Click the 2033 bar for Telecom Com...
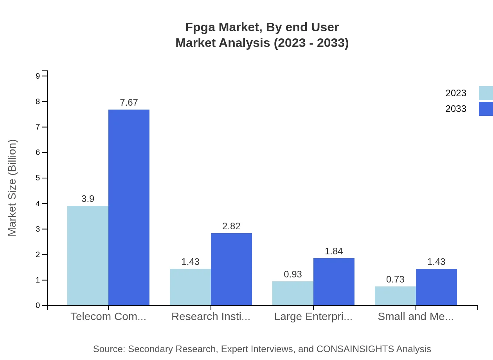click(x=129, y=207)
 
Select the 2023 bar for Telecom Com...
click(x=88, y=256)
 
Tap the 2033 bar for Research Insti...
click(x=231, y=269)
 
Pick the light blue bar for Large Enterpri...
click(x=293, y=293)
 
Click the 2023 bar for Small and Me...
click(x=395, y=296)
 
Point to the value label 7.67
click(x=129, y=103)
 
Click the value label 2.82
click(x=231, y=226)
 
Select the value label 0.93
click(x=293, y=274)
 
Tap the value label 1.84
click(x=334, y=251)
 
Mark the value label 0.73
click(x=395, y=279)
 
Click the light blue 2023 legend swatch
click(x=486, y=93)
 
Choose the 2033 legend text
click(x=456, y=109)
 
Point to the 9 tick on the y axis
click(x=38, y=76)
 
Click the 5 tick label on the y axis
click(x=38, y=178)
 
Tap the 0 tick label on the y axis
click(x=38, y=306)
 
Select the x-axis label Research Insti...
click(x=211, y=317)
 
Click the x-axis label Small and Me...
click(x=416, y=317)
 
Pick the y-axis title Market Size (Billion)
click(x=13, y=188)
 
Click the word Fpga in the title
click(x=200, y=27)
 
